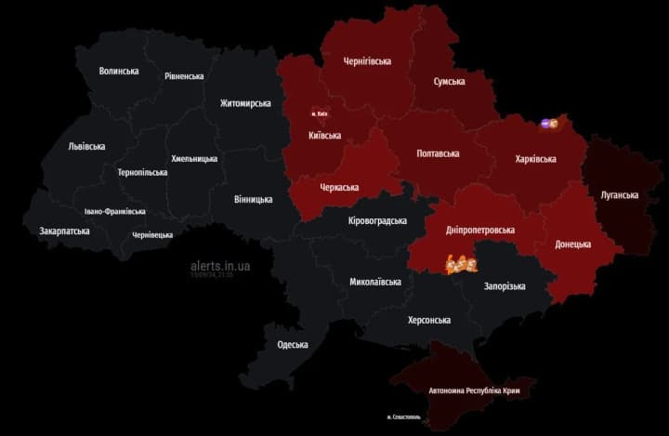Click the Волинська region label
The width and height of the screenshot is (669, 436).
tap(119, 71)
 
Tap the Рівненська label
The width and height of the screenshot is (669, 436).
tap(184, 76)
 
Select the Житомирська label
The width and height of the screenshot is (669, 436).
tap(245, 103)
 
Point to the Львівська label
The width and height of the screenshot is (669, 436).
tap(86, 146)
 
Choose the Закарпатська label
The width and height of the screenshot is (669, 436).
tap(64, 231)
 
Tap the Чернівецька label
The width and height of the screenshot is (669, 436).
tap(152, 235)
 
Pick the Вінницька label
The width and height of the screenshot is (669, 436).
tap(254, 199)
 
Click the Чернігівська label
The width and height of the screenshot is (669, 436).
tap(367, 61)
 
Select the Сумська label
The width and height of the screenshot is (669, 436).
tap(449, 82)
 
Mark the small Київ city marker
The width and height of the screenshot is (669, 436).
tap(320, 114)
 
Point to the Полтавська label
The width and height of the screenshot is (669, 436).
tap(437, 152)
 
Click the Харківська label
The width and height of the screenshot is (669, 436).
tap(535, 159)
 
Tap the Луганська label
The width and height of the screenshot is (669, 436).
tap(620, 195)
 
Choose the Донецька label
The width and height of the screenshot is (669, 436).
tap(572, 244)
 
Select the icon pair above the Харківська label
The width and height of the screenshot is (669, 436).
tap(549, 123)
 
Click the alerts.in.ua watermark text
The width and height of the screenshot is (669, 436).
tap(219, 265)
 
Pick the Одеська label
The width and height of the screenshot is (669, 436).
tap(293, 345)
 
